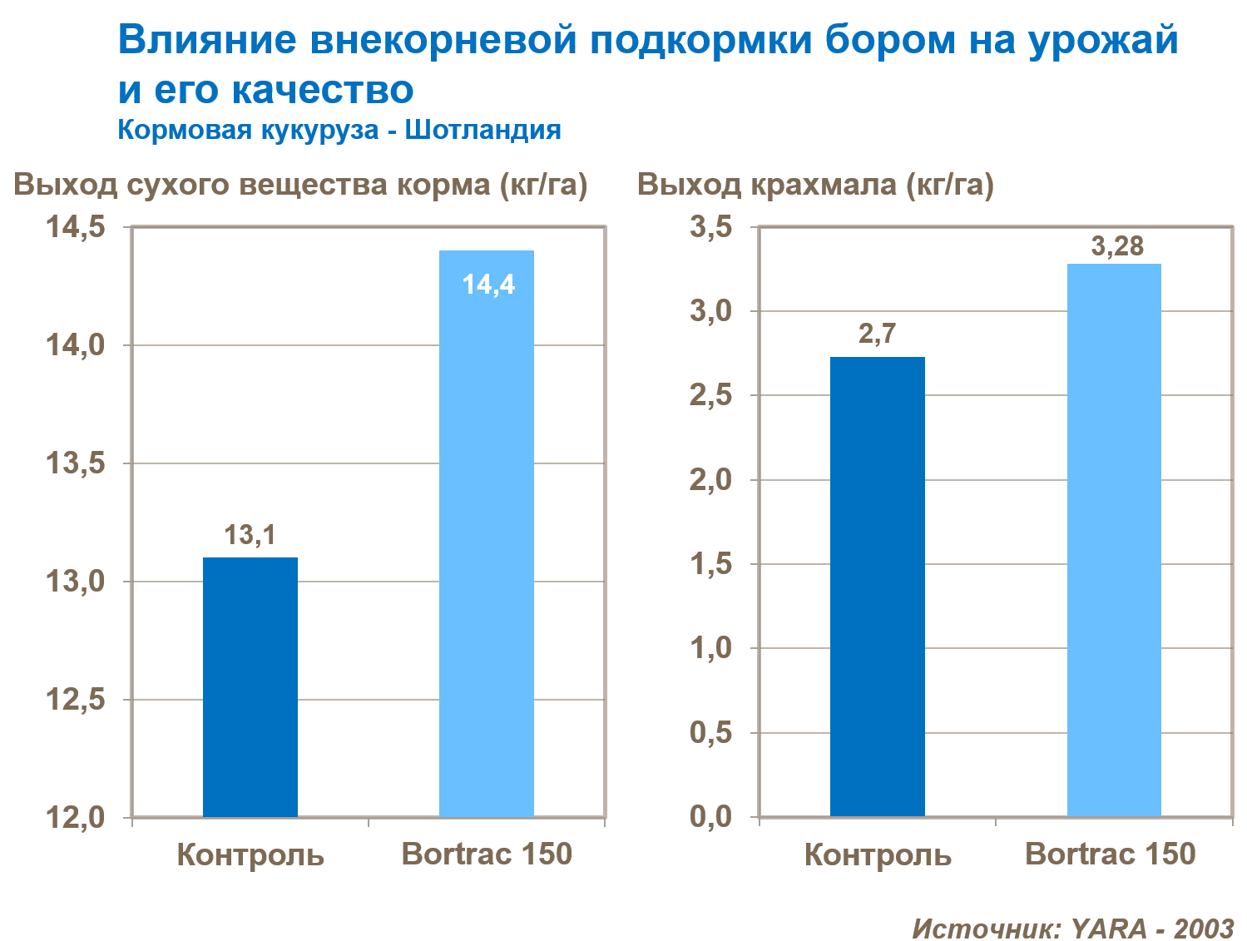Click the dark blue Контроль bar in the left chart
250,686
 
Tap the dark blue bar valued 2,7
878,587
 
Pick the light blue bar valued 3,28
1114,541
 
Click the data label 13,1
250,535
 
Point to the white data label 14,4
488,285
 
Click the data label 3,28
1117,246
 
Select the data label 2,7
877,334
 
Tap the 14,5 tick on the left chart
76,227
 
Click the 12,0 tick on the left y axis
76,818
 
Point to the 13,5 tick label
76,463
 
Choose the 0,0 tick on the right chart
710,817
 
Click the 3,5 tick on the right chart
710,227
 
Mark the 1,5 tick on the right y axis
710,564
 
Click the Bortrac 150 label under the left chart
487,854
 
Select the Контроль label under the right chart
878,855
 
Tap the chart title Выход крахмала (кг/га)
815,184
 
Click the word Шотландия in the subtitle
482,130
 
